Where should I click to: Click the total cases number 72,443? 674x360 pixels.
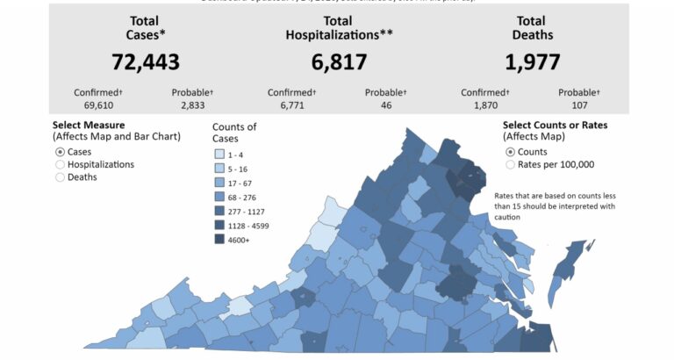[145, 61]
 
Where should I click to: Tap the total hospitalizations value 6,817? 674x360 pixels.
[326, 61]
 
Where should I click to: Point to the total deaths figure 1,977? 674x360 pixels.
[532, 61]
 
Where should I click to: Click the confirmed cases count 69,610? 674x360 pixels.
[92, 105]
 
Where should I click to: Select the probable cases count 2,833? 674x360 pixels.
[190, 105]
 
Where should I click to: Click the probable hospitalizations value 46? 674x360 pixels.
[384, 105]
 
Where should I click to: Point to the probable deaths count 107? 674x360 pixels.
[577, 105]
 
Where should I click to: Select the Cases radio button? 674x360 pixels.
[60, 152]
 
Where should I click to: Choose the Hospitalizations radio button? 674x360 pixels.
[60, 164]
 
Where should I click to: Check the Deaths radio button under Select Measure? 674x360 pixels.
[60, 176]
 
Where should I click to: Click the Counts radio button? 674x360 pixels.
[510, 152]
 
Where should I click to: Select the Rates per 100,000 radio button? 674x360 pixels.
[510, 164]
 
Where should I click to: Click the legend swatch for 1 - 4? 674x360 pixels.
[220, 155]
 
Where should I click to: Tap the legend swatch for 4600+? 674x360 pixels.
[220, 239]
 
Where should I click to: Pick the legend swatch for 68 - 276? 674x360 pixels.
[220, 197]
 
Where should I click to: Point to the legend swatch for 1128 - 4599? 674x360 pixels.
[220, 225]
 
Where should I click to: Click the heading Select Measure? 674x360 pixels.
[89, 126]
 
